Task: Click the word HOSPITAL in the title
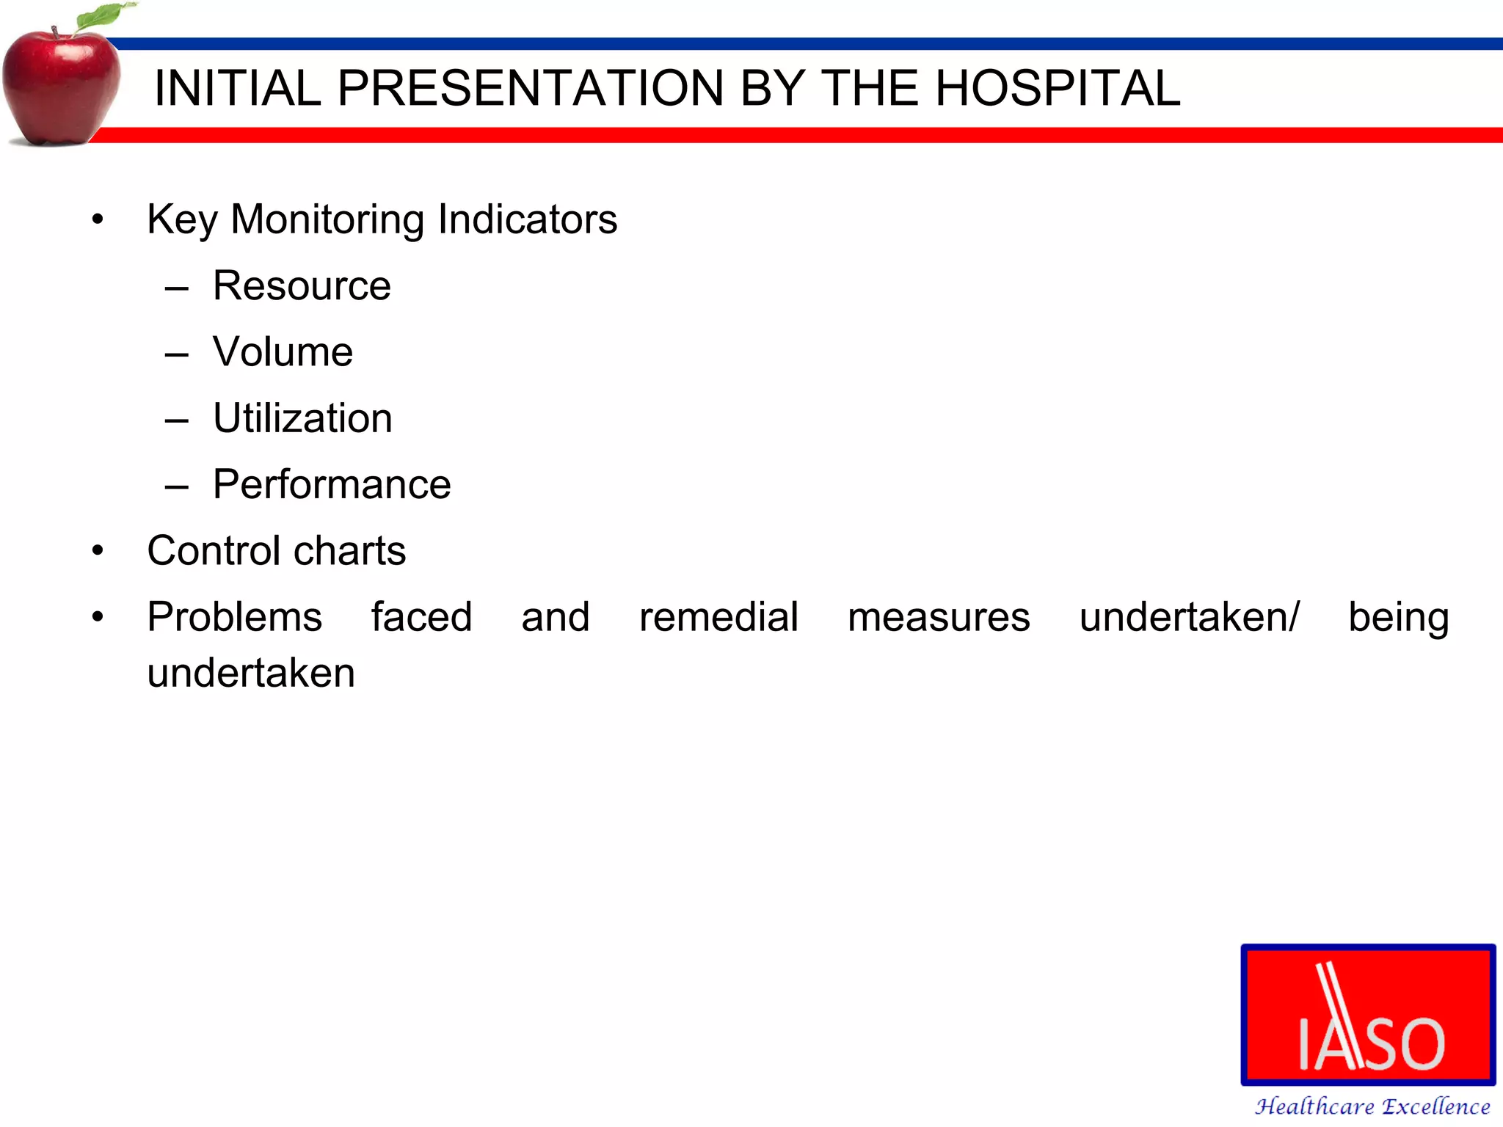coord(1058,89)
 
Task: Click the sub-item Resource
coord(302,285)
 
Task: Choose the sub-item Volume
coord(283,351)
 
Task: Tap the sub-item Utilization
coord(302,418)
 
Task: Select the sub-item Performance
coord(332,484)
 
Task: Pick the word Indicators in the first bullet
coord(527,219)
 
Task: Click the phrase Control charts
coord(276,550)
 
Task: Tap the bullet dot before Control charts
coord(98,551)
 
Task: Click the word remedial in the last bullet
coord(718,617)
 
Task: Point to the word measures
coord(938,617)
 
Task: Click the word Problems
coord(234,617)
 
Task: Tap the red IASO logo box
coord(1368,1015)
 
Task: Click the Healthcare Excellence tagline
coord(1372,1106)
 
